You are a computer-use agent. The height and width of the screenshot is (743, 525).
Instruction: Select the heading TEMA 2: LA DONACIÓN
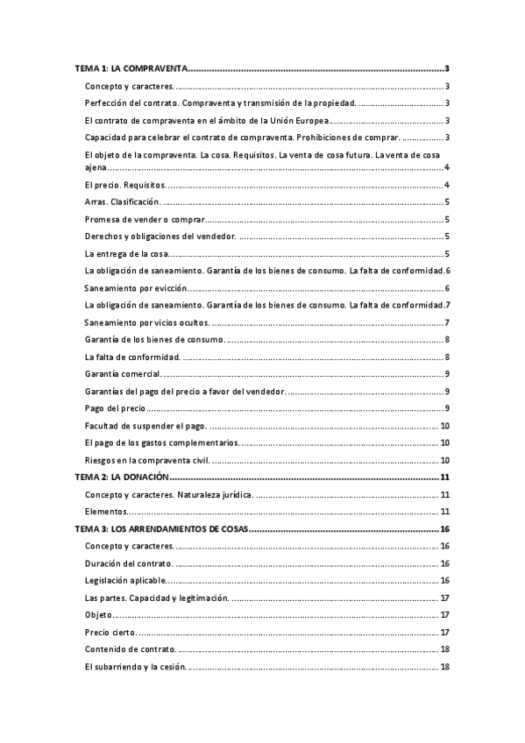(x=121, y=478)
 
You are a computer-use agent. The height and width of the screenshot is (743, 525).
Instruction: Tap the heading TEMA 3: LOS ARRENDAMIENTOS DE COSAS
(x=161, y=529)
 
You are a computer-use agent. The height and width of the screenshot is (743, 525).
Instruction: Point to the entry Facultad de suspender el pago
(x=145, y=426)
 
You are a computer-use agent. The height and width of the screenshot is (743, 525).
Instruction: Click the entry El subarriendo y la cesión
(x=135, y=667)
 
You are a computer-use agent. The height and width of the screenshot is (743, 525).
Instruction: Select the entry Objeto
(x=99, y=615)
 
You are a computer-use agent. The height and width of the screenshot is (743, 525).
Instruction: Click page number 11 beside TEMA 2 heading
(x=445, y=478)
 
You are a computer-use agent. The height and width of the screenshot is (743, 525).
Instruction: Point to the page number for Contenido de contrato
(x=445, y=649)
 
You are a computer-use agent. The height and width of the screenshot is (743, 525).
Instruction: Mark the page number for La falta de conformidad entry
(x=447, y=357)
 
